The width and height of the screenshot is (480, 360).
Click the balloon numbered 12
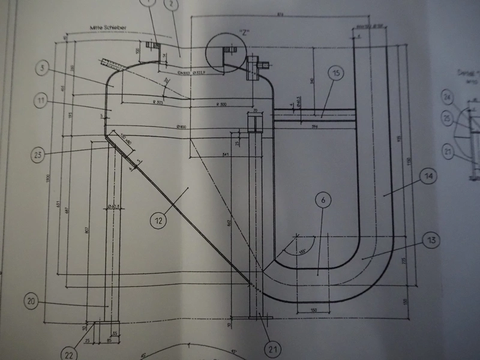click(158, 221)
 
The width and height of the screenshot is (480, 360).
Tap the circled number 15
click(336, 74)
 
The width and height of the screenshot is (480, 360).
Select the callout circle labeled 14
click(429, 177)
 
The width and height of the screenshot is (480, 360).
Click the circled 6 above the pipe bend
click(322, 202)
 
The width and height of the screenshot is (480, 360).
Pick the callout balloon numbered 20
click(34, 302)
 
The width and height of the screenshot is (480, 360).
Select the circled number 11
click(40, 102)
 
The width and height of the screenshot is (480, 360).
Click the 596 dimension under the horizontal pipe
click(314, 127)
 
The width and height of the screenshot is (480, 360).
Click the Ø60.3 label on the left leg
click(115, 206)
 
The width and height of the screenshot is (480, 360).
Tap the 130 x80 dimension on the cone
click(127, 140)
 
